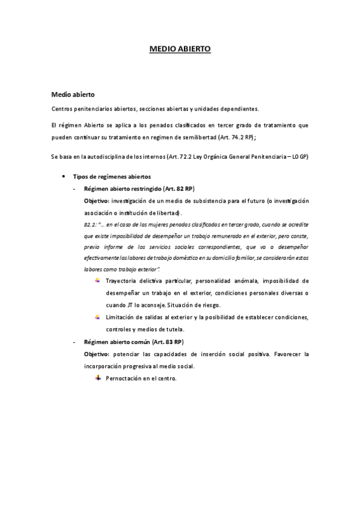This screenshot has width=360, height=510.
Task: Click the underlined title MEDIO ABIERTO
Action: [x=180, y=51]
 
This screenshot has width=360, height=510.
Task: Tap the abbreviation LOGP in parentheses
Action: [x=299, y=157]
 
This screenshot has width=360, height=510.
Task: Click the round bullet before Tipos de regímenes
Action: [x=63, y=176]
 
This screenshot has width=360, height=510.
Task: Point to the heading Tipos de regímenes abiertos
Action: [x=112, y=176]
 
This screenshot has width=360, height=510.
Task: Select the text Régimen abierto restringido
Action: [x=117, y=188]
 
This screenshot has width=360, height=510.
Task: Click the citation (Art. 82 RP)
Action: [x=172, y=188]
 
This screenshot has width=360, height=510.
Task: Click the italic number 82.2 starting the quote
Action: [x=90, y=223]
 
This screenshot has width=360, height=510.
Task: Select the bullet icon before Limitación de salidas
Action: [x=98, y=316]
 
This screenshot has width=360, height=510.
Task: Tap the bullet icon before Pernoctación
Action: [x=98, y=378]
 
